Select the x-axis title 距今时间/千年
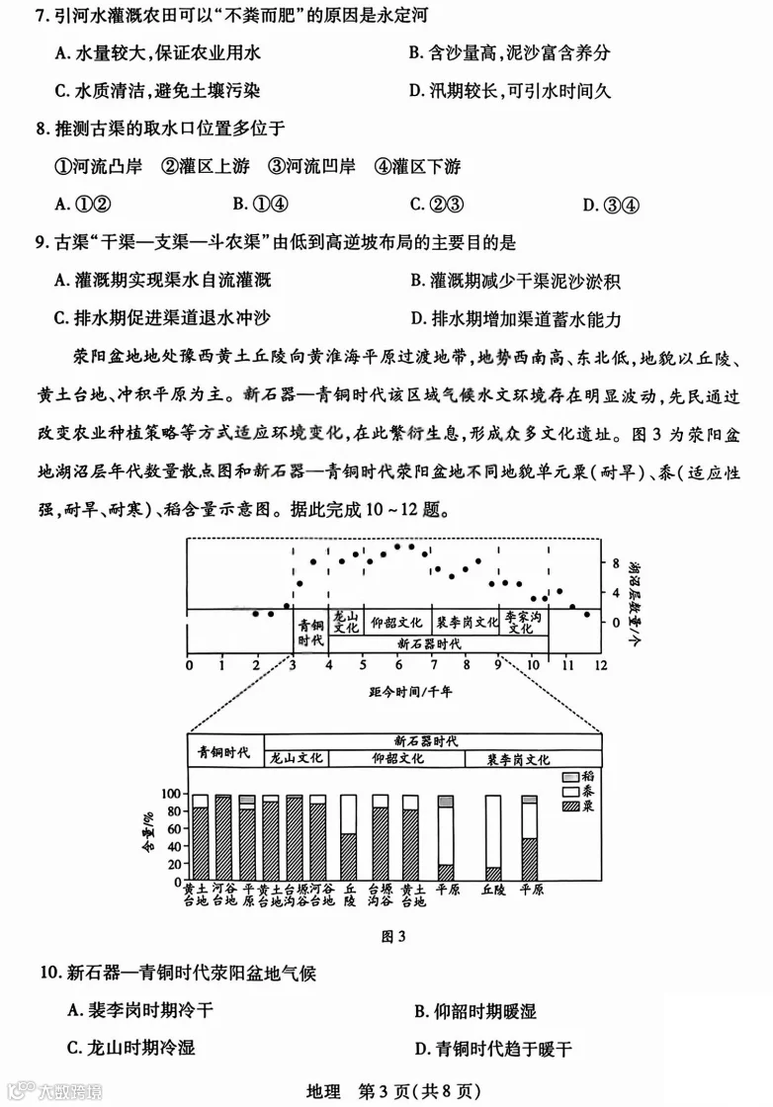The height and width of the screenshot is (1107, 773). (x=391, y=691)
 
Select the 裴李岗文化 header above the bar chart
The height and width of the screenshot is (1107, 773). (x=518, y=759)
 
